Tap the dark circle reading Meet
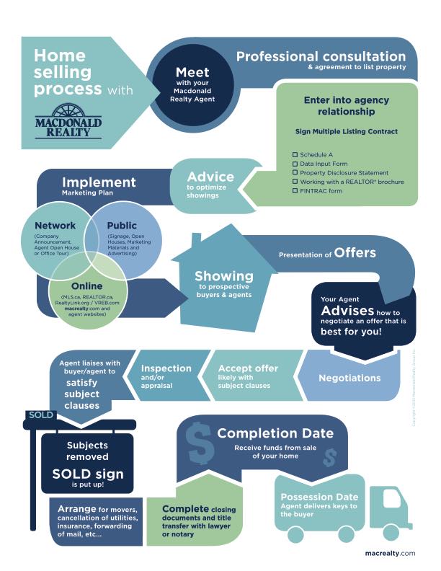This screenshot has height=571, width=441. point(192,84)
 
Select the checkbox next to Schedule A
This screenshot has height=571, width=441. point(295,155)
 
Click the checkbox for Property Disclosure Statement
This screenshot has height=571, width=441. point(295,173)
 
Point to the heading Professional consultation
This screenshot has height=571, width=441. point(321,56)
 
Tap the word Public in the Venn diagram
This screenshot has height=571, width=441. point(122,226)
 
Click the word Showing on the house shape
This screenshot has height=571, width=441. point(223,276)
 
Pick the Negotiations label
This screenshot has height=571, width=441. point(349,377)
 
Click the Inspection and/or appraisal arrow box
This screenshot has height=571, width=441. point(166,375)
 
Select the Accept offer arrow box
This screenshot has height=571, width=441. point(248,376)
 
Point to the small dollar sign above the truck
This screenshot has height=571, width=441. point(329,457)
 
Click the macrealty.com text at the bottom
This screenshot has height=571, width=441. point(391,553)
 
